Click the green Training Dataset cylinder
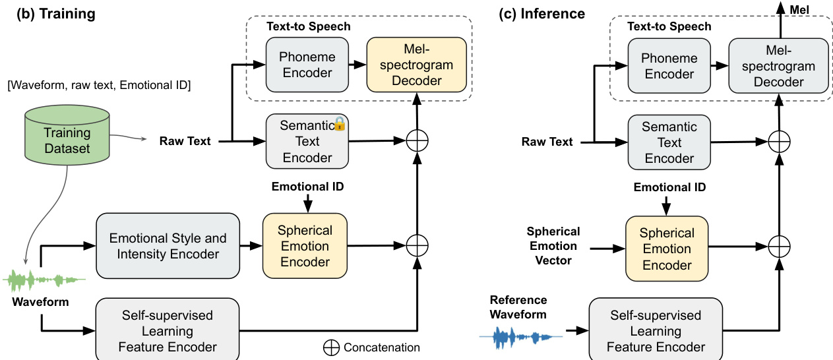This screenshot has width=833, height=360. pos(67,135)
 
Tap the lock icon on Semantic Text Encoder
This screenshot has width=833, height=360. pos(340,124)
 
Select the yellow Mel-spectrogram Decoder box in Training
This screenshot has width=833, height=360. pos(417,65)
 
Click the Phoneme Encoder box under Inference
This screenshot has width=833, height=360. pos(669,66)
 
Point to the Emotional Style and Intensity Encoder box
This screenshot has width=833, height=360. pos(168,246)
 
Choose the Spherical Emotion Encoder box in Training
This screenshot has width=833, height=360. pos(305,246)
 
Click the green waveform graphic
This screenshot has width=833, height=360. pos(44,280)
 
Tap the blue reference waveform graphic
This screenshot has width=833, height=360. pos(520,337)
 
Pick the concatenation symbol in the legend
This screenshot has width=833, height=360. pos(331,347)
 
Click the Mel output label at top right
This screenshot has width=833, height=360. pos(799,10)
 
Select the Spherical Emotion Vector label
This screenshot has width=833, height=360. pos(553,246)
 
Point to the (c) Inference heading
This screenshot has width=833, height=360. pos(542,14)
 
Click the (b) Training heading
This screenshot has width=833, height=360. pos(56,14)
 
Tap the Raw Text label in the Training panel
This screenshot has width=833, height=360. pos(185,141)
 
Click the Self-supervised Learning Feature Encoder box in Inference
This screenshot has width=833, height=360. pos(656,330)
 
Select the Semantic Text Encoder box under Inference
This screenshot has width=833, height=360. pos(669,142)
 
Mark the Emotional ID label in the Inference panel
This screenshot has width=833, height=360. pos(669,187)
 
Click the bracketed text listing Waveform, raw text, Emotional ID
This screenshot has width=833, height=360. pos(99,85)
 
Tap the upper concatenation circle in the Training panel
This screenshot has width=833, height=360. pos(417,141)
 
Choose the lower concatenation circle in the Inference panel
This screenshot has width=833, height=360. pos(779,246)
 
